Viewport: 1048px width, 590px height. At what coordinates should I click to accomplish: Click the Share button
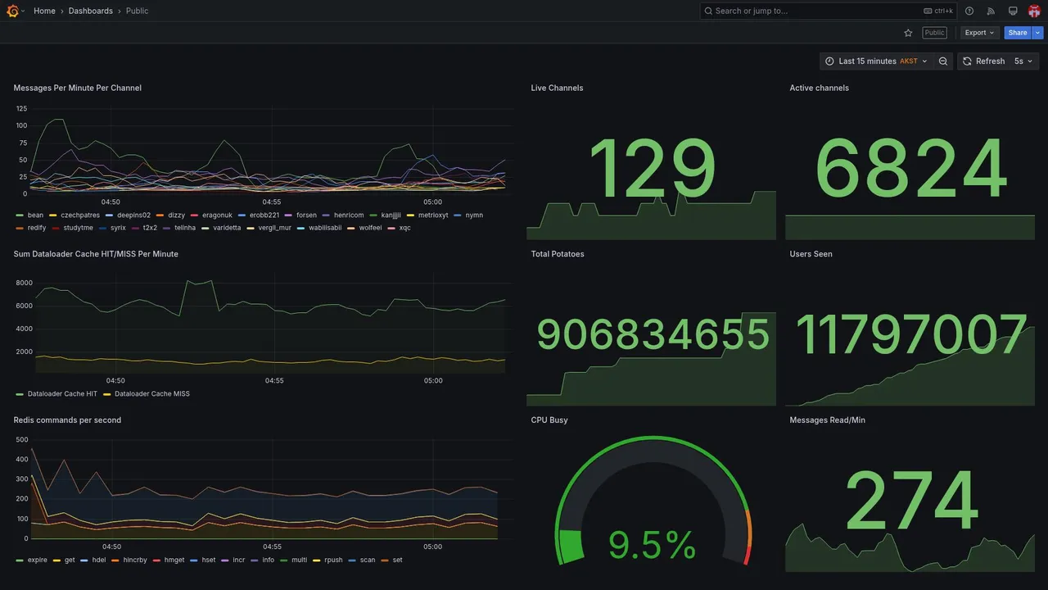[x=1018, y=33]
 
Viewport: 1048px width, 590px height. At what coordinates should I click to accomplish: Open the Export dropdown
[x=979, y=33]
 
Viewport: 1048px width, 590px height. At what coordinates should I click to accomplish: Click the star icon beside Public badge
[x=908, y=33]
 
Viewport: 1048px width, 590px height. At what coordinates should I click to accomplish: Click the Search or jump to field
[x=811, y=11]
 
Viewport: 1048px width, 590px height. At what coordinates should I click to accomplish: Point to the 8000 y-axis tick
[x=24, y=283]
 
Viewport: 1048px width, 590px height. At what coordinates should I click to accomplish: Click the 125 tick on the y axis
[x=21, y=108]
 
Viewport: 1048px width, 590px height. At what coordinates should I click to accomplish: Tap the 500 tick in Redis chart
[x=22, y=440]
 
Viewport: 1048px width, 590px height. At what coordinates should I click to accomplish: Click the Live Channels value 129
[x=652, y=170]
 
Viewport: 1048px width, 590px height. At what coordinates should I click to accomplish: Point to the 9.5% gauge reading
[x=652, y=545]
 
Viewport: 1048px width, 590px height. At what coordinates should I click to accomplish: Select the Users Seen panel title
[x=811, y=254]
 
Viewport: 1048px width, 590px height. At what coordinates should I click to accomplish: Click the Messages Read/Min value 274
[x=911, y=501]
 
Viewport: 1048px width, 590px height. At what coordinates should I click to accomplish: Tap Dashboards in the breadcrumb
[x=91, y=11]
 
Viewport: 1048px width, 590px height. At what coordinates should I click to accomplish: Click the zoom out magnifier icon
[x=943, y=61]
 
